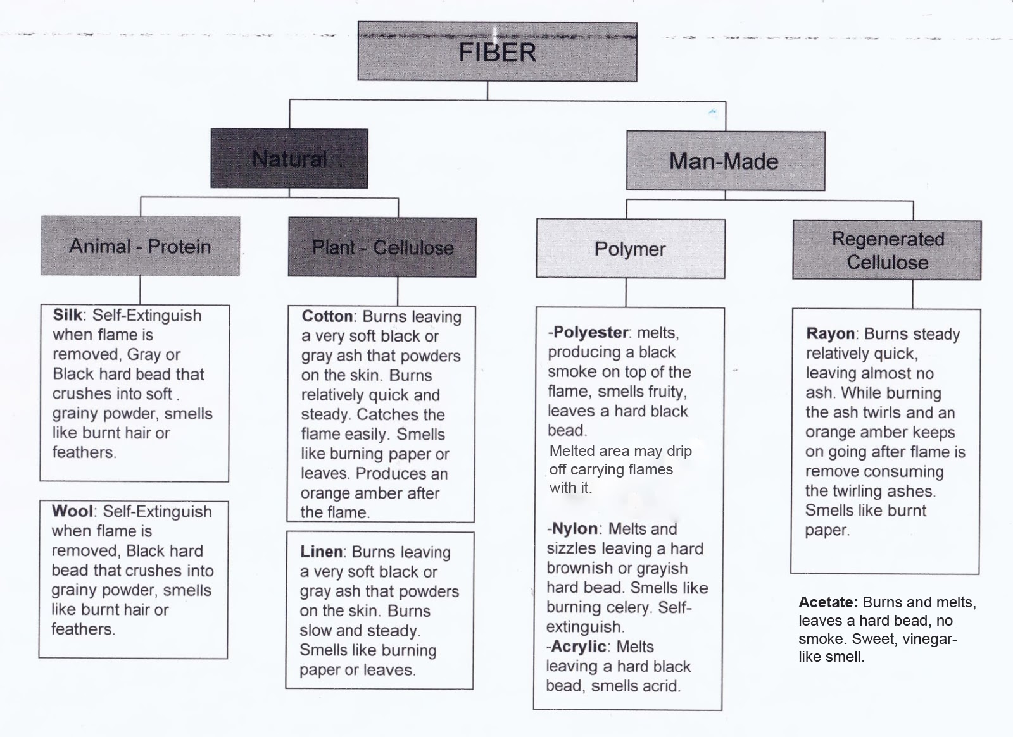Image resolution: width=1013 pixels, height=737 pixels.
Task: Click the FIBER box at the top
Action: (x=497, y=52)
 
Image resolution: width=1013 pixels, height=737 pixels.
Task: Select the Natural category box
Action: (x=289, y=159)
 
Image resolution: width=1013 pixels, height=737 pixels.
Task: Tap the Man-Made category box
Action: (x=725, y=161)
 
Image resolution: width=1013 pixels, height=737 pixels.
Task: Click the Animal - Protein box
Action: (x=140, y=246)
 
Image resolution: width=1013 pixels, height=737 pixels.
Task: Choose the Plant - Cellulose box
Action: (x=382, y=247)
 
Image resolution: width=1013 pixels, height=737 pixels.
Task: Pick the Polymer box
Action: (x=630, y=249)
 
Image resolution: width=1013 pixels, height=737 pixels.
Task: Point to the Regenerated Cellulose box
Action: (x=887, y=251)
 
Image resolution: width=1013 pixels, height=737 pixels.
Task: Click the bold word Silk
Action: (x=67, y=315)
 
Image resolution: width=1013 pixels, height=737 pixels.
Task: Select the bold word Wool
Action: (x=72, y=511)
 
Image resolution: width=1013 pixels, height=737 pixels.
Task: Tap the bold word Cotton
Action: (x=327, y=316)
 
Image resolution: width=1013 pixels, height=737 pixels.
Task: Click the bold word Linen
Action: (x=322, y=552)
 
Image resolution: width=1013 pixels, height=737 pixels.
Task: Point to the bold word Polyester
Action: (x=591, y=333)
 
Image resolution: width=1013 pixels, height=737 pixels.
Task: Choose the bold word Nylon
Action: (x=575, y=529)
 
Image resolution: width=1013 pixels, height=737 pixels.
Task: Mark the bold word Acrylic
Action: (x=579, y=647)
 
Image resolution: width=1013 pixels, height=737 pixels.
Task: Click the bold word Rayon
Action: (x=831, y=334)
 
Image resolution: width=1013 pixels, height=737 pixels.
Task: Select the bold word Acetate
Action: (x=828, y=602)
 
